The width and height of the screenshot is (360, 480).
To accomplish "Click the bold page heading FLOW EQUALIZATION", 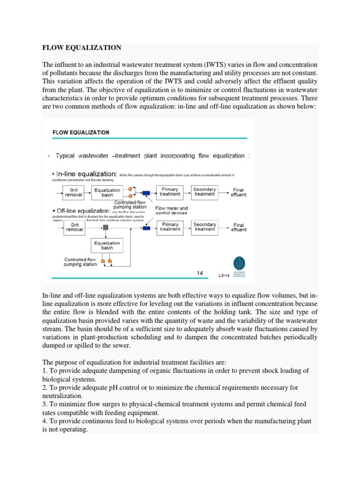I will tap(82, 48).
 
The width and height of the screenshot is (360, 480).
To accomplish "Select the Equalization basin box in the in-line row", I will tap(107, 193).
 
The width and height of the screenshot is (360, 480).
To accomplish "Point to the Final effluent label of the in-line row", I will tap(239, 193).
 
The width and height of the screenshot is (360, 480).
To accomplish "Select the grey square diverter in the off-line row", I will tap(105, 227).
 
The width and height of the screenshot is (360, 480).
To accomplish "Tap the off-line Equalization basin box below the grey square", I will tap(107, 246).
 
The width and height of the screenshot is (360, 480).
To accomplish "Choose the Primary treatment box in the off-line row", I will tap(170, 227).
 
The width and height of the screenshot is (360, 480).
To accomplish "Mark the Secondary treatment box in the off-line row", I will tap(204, 227).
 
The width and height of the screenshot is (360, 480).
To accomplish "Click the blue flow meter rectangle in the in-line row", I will tap(146, 193).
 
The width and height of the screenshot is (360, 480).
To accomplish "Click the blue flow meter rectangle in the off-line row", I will tap(146, 228).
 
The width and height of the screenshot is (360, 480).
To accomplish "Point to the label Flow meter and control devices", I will tap(172, 210).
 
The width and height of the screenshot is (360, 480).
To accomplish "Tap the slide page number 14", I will tap(200, 273).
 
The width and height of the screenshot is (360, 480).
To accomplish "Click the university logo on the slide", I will tap(242, 264).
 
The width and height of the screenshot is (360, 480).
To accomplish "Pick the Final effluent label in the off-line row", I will tap(239, 227).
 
